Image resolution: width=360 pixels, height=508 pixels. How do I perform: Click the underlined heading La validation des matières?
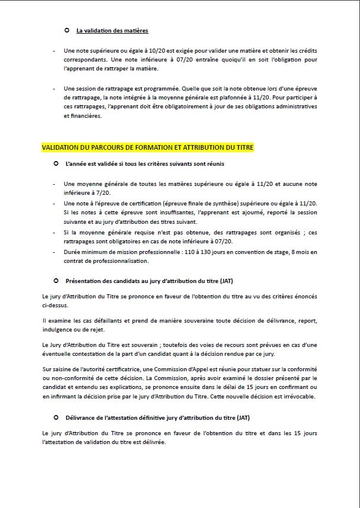click(x=112, y=30)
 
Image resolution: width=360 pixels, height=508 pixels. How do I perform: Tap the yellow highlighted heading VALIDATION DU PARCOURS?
click(x=147, y=147)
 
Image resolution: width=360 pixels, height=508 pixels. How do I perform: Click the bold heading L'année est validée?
click(x=145, y=163)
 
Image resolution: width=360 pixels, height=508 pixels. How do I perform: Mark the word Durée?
click(x=73, y=253)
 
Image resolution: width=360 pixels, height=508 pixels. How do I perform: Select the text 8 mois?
click(x=299, y=253)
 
